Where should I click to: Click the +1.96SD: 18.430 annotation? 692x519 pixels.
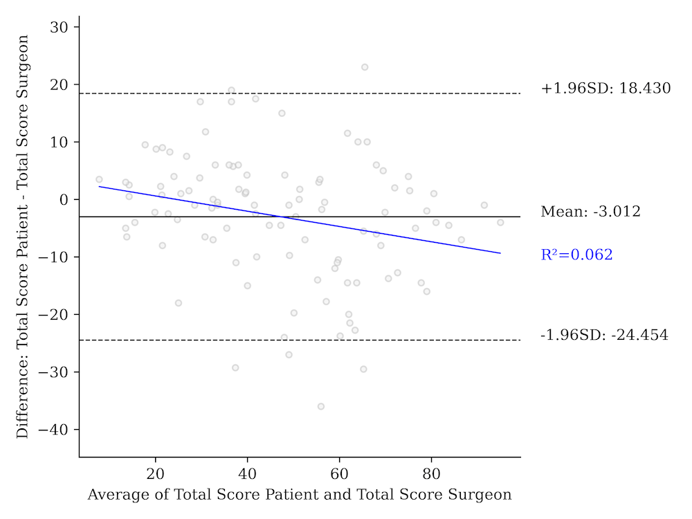click(x=605, y=89)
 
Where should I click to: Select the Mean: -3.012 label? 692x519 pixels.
click(x=590, y=212)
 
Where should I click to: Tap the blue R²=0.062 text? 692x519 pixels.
click(x=576, y=255)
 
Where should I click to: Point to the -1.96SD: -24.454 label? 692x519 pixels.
click(x=604, y=336)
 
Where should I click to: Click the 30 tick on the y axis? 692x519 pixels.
click(x=63, y=27)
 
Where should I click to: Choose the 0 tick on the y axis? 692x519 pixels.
click(x=67, y=199)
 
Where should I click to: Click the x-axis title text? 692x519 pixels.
click(x=300, y=495)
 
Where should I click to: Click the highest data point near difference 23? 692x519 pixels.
click(x=365, y=67)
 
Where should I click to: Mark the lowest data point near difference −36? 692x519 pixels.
click(x=321, y=406)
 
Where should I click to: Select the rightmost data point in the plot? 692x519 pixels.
click(x=500, y=222)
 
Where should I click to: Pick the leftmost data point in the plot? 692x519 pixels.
click(x=99, y=179)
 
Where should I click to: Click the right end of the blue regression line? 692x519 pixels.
click(x=500, y=253)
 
